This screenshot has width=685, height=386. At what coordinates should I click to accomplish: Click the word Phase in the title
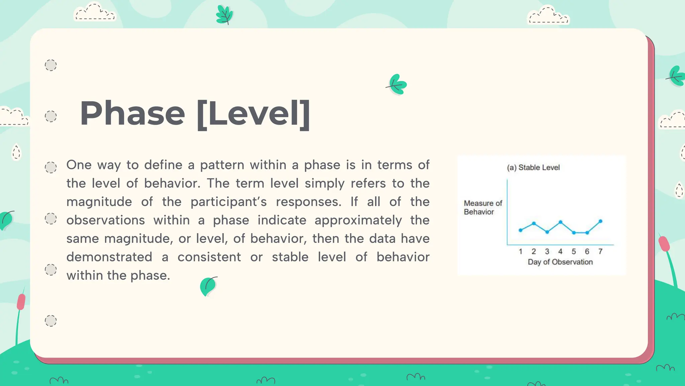[x=132, y=114]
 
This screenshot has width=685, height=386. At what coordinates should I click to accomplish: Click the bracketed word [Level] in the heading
[x=254, y=114]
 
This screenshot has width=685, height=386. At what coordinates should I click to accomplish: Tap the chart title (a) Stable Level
[x=533, y=168]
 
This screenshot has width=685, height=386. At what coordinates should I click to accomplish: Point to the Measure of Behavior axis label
[x=483, y=207]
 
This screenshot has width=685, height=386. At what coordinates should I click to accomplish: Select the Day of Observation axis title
[x=560, y=262]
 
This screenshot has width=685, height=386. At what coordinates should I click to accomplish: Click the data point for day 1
[x=520, y=230]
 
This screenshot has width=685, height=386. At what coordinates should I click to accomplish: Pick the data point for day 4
[x=561, y=222]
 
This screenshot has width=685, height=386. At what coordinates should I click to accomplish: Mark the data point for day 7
[x=601, y=221]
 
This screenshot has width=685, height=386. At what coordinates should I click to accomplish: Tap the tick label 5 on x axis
[x=574, y=251]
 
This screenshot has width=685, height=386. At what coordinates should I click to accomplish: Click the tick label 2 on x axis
[x=534, y=251]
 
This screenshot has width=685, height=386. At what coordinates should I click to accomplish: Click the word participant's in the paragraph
[x=228, y=202]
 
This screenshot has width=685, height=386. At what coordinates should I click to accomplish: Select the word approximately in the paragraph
[x=358, y=220]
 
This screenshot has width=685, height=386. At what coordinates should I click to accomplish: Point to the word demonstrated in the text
[x=109, y=257]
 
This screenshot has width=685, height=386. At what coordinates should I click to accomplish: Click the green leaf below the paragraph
[x=208, y=286]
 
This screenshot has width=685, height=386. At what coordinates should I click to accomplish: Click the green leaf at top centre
[x=224, y=15]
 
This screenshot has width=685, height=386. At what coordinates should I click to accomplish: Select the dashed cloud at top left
[x=94, y=12]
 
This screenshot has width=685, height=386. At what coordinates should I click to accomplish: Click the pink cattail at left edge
[x=21, y=302]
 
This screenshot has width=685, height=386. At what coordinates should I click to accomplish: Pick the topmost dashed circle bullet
[x=51, y=65]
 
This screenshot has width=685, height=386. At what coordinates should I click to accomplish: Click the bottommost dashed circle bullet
[x=51, y=321]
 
